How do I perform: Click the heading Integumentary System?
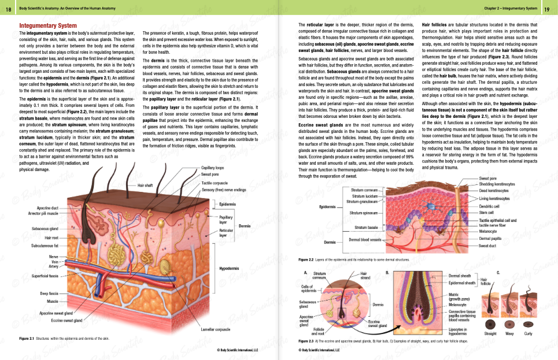(x=48, y=26)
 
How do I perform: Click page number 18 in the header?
(x=8, y=8)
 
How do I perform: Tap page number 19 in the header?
(x=546, y=8)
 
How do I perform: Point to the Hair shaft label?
(x=145, y=185)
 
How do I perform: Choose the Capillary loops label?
(x=212, y=168)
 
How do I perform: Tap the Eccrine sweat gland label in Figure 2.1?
(x=67, y=320)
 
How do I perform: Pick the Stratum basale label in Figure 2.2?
(x=366, y=228)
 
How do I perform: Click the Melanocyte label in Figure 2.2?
(x=490, y=232)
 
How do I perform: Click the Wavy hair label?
(x=509, y=333)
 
